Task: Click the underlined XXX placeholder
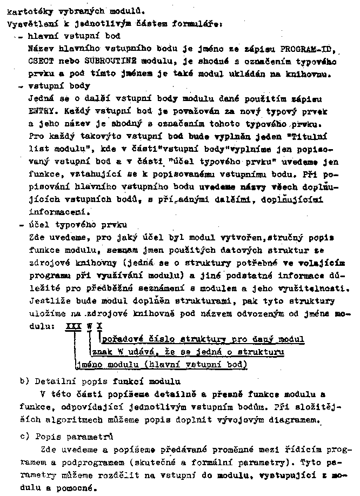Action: [x=73, y=326]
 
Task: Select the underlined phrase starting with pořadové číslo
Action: [x=203, y=339]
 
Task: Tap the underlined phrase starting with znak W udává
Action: [x=188, y=352]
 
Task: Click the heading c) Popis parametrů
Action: [x=66, y=436]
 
